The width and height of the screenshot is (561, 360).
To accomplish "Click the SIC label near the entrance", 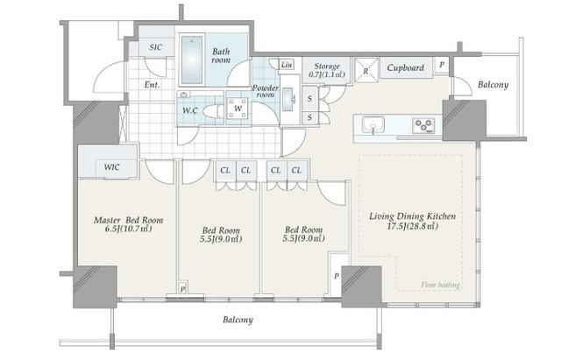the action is [156, 47].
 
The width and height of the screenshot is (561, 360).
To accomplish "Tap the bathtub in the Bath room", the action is [192, 60].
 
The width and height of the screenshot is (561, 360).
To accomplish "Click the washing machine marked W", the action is [238, 108].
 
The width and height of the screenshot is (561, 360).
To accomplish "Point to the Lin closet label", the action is [287, 65].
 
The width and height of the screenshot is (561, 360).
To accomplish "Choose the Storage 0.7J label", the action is [326, 70].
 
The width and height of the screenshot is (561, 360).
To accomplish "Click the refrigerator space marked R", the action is [366, 70].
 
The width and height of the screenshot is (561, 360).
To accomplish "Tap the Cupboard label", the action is [405, 67].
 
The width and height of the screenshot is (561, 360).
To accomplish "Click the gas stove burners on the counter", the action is [423, 126].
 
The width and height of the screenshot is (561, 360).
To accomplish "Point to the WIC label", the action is [112, 167].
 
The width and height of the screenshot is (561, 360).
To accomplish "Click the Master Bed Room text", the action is [129, 220].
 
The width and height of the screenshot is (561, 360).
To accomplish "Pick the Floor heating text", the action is [440, 285].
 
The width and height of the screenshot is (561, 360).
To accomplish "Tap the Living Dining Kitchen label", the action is [413, 216].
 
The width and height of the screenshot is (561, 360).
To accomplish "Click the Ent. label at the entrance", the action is [152, 85].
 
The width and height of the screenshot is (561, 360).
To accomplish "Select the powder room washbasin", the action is [289, 97].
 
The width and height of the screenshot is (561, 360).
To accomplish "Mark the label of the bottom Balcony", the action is [238, 320].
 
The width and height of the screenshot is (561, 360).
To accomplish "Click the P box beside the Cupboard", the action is [442, 65].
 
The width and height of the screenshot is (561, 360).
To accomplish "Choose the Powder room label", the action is [266, 91].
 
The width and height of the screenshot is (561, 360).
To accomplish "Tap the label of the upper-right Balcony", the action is [493, 85].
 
